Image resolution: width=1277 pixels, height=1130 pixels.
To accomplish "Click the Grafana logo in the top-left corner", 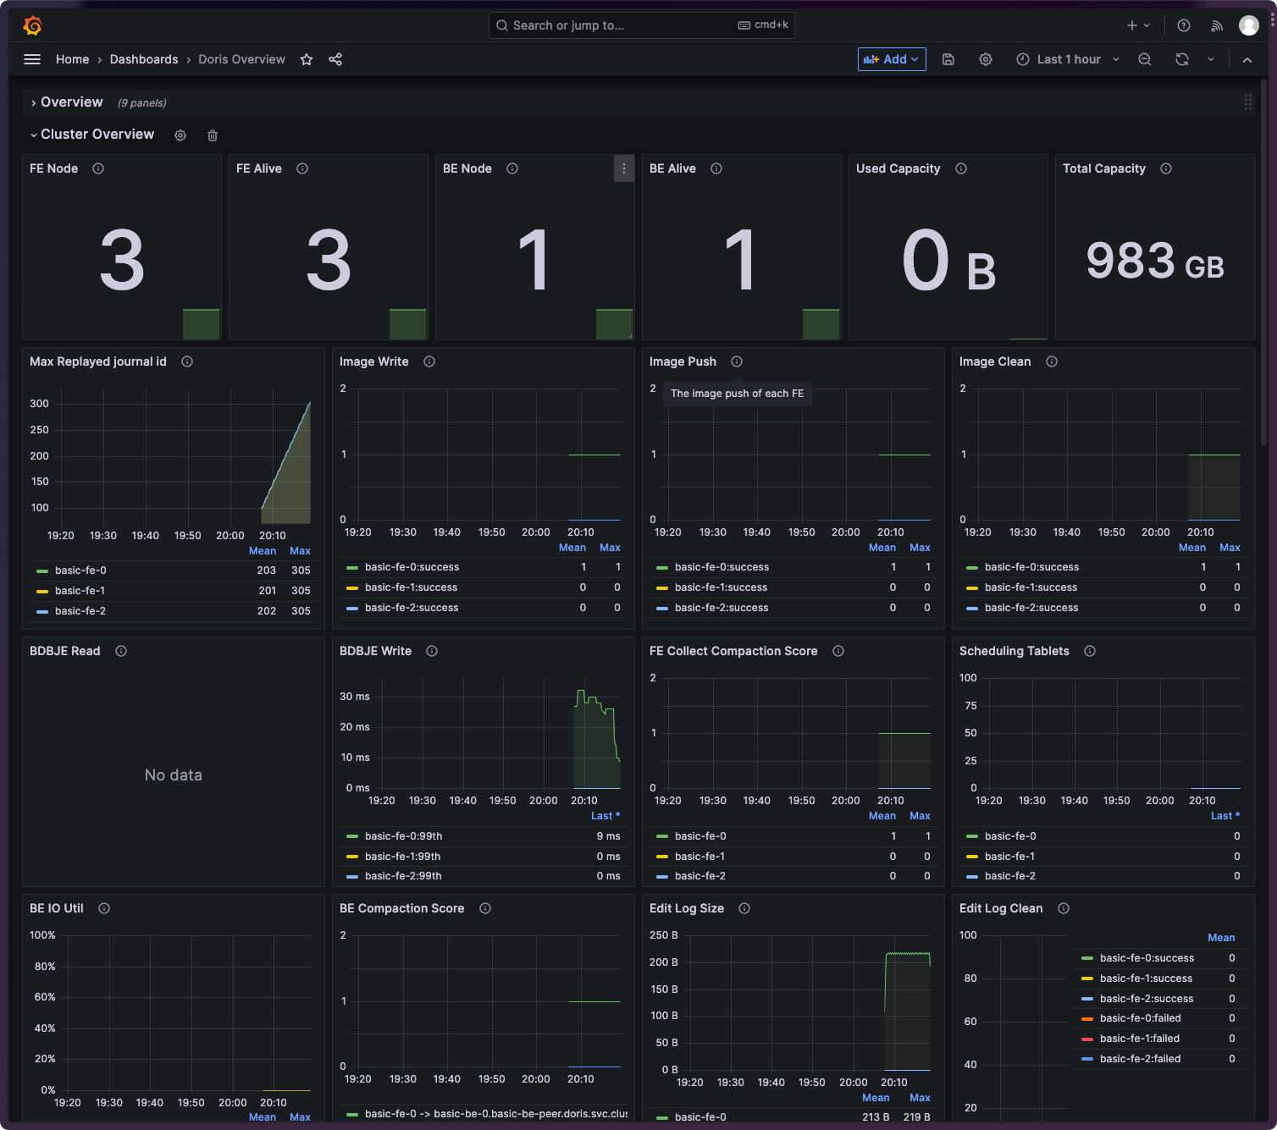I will [x=32, y=26].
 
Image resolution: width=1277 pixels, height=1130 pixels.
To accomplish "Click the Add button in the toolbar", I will [x=891, y=59].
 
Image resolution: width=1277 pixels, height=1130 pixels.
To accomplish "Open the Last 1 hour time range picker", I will [x=1068, y=59].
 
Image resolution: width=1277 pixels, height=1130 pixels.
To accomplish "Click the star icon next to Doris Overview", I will [x=307, y=59].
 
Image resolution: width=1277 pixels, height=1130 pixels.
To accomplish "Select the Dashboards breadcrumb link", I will [x=144, y=59].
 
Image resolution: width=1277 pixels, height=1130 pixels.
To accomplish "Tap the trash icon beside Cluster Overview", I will [x=213, y=135].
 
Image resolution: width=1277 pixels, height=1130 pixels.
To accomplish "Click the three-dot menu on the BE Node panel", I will [x=624, y=168].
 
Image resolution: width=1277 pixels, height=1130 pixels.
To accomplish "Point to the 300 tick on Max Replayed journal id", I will [x=40, y=404].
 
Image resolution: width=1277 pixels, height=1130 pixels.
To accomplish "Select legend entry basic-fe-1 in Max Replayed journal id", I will [x=80, y=591].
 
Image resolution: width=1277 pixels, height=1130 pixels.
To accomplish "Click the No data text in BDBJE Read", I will [x=174, y=775].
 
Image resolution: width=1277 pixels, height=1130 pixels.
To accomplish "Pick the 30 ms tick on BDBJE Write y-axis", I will [x=355, y=697].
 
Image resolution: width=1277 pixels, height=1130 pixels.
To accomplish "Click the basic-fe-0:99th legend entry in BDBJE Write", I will [x=403, y=836].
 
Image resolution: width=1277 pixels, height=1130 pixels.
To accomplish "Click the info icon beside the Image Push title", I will [x=737, y=361].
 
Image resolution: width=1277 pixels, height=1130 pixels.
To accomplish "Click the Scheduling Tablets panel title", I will [x=1014, y=651].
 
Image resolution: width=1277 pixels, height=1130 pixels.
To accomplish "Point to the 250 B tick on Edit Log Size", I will [x=663, y=935].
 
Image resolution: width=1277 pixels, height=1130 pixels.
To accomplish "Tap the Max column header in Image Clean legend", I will [x=1230, y=548].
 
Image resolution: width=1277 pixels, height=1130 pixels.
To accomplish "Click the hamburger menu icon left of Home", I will [x=32, y=59].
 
